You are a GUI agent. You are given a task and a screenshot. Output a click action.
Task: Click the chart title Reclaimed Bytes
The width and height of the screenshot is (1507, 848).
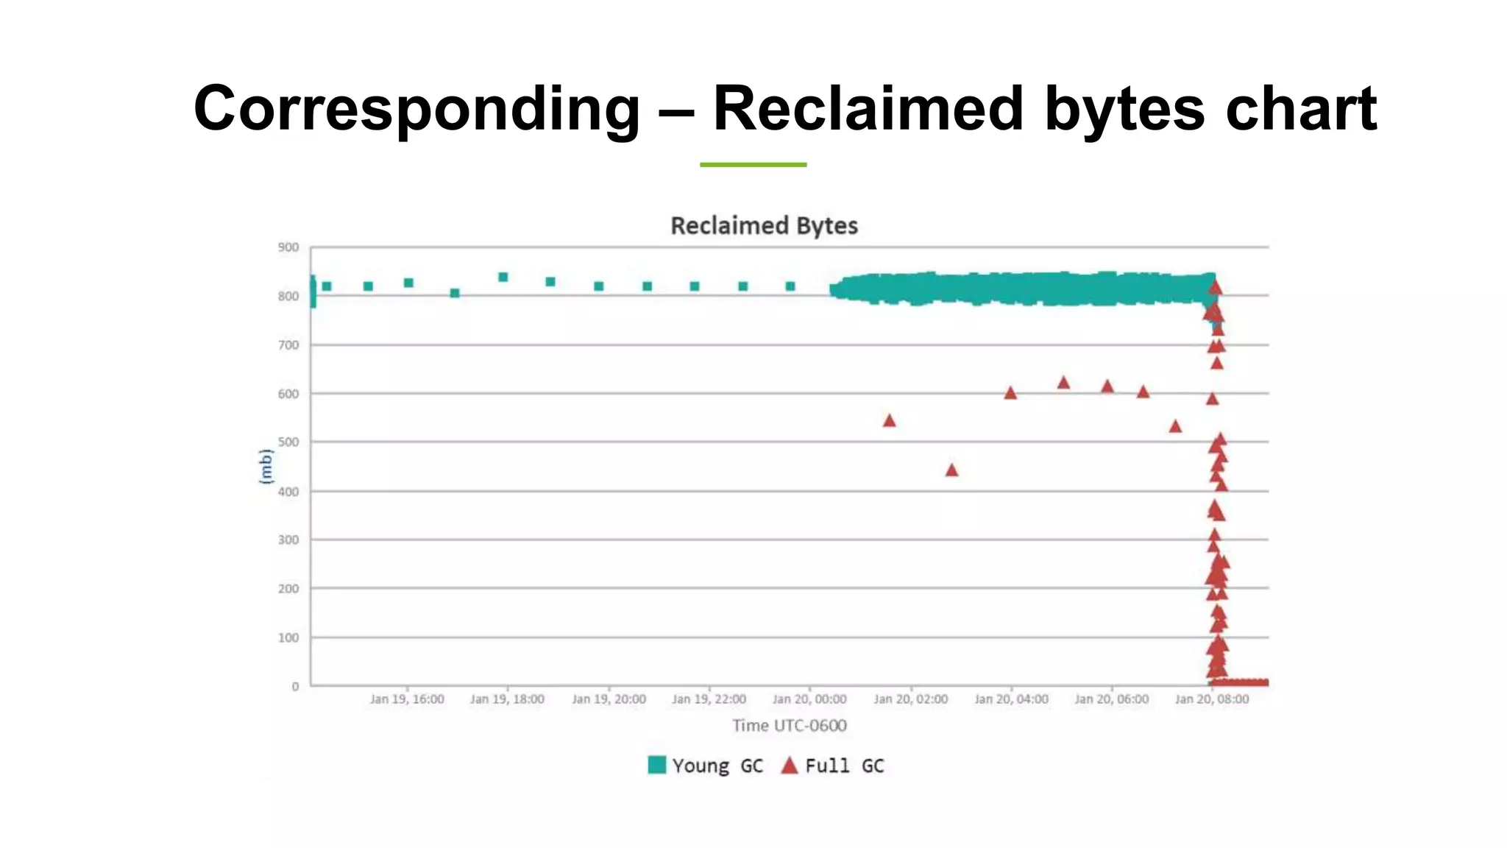764,225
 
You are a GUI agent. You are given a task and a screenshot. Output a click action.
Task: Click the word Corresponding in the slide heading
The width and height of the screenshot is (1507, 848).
416,109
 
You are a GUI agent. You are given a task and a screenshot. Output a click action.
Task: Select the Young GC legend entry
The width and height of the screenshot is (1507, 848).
706,766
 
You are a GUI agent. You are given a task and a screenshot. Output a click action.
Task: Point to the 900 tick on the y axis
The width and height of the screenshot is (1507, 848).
288,247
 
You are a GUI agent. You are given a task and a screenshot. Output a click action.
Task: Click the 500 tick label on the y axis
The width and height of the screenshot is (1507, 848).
288,442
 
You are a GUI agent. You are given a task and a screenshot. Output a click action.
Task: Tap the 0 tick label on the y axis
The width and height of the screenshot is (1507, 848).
295,686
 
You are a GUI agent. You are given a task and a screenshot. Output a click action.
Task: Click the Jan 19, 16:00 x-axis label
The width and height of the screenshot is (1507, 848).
407,699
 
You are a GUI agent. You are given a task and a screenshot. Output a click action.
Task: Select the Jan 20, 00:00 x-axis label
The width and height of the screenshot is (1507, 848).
809,699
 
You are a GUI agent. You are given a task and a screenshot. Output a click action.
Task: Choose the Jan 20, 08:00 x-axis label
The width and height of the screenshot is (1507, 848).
1212,699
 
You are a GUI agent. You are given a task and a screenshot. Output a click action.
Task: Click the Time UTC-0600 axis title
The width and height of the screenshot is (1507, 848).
790,726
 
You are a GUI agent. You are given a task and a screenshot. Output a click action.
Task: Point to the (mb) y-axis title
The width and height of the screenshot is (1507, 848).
266,466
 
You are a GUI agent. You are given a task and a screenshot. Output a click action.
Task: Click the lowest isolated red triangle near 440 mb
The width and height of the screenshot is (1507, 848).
951,470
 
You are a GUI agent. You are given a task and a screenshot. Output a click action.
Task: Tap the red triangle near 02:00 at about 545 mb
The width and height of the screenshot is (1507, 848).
889,421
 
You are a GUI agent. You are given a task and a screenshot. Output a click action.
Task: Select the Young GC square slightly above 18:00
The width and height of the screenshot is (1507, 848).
503,278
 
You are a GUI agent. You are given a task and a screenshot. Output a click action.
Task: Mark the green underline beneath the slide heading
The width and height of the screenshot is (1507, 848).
753,165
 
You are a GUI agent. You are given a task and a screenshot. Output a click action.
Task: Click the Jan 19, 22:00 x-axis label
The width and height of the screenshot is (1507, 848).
709,699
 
